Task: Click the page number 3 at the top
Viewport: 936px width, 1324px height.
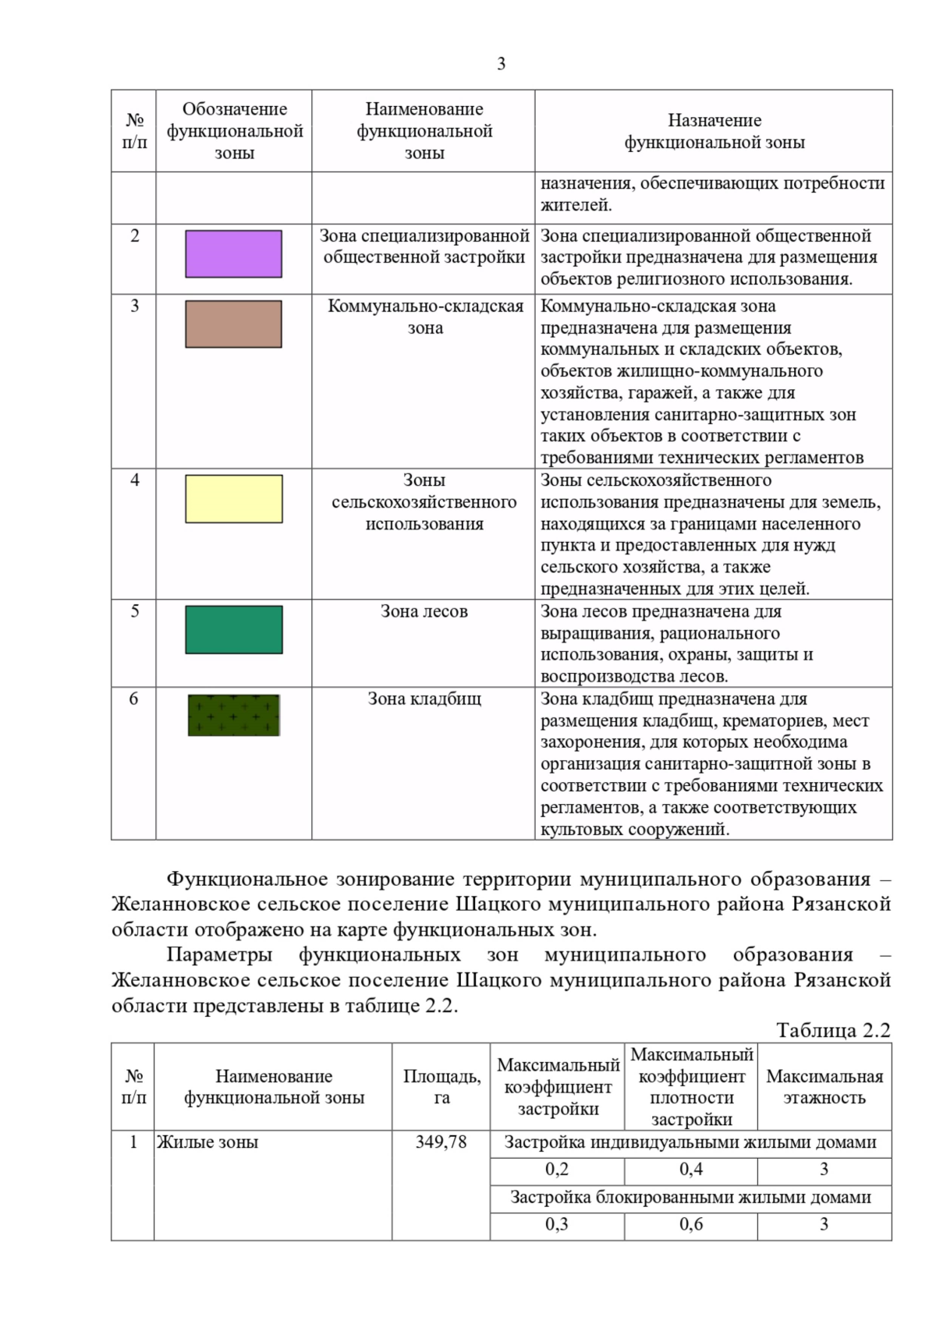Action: coord(501,64)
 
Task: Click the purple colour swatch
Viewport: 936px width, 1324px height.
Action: coord(233,254)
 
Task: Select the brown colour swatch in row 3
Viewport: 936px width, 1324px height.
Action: coord(233,324)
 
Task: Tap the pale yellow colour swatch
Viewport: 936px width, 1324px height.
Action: coord(233,499)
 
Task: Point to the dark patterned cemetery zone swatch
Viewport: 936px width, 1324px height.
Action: coord(233,715)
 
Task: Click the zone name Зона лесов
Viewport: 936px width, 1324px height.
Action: coord(424,611)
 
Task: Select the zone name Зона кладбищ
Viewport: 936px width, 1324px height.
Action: coord(424,699)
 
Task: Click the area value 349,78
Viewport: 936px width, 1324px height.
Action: coord(441,1142)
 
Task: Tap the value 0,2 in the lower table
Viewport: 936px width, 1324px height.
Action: coord(557,1170)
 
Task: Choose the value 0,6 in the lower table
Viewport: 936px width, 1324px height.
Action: coord(690,1224)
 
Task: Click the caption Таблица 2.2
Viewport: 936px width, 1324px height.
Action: coord(833,1031)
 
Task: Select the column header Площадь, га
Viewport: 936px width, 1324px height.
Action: coord(441,1087)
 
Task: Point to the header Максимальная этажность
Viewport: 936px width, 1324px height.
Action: coord(824,1087)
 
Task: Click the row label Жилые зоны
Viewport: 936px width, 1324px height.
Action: coord(207,1142)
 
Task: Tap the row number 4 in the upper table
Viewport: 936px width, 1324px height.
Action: coord(134,480)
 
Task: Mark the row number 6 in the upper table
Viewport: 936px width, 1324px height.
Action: coord(133,699)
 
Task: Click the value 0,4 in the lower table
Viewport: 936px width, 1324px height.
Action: coord(690,1170)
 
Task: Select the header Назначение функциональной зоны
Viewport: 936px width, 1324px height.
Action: coord(714,131)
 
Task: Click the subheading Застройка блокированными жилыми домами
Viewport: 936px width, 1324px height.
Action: coord(690,1197)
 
